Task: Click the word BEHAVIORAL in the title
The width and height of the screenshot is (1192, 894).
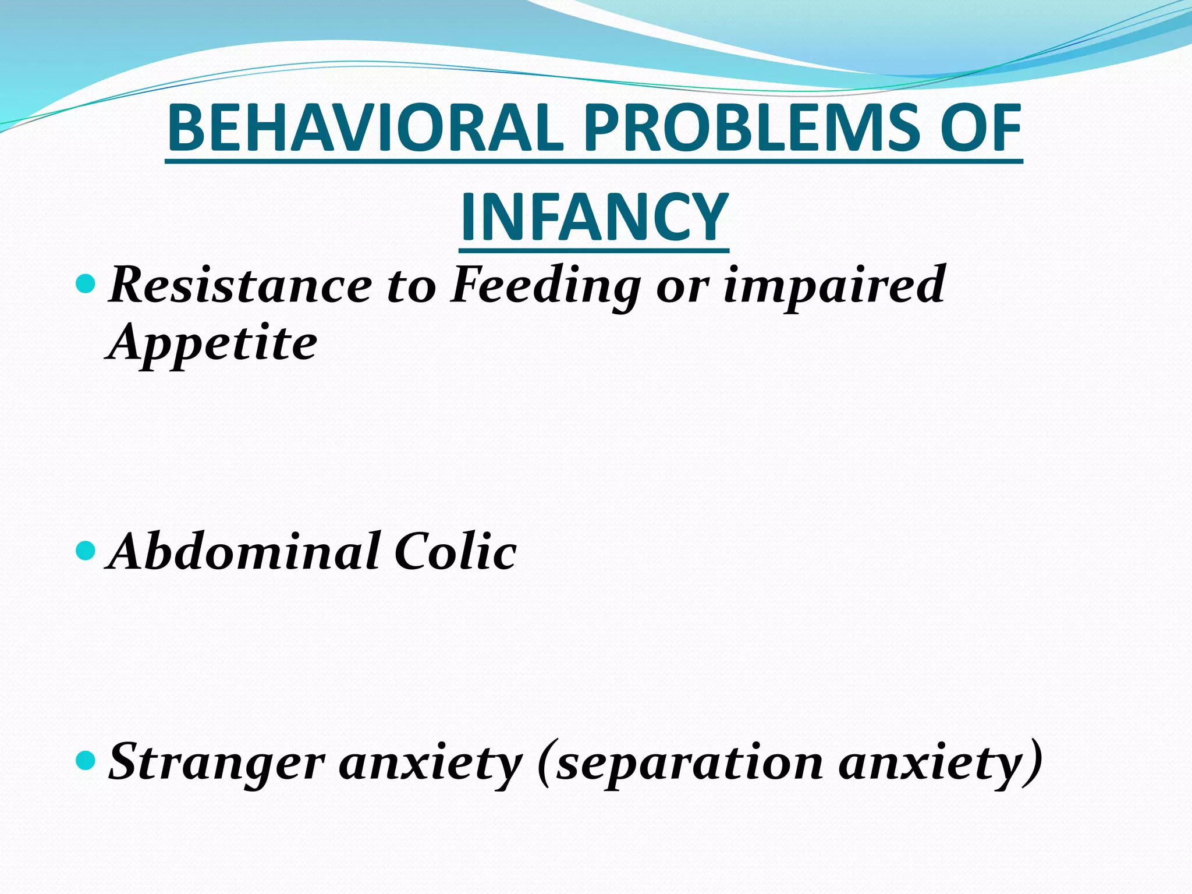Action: (366, 128)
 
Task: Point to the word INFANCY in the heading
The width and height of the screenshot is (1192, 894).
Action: (594, 218)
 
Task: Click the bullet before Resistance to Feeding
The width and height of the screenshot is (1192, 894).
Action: (86, 284)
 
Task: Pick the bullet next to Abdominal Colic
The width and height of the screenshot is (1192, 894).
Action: (86, 550)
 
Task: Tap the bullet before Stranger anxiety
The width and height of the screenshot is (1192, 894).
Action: (86, 760)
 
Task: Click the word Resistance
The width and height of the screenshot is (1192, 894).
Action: (240, 285)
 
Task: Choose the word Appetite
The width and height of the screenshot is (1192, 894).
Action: (212, 343)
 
